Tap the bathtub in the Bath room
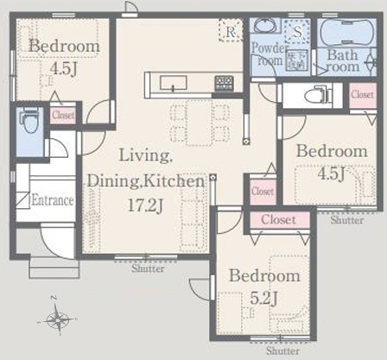click(347, 33)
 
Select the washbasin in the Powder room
click(265, 25)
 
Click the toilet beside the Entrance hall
click(29, 120)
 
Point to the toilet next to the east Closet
click(318, 94)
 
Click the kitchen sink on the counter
click(174, 83)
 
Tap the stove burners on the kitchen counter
click(224, 83)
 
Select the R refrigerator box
click(231, 30)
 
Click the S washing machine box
click(297, 31)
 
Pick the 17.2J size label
click(145, 205)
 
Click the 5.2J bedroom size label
click(263, 298)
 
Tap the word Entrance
click(52, 200)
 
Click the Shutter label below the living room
click(148, 268)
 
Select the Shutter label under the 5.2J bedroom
click(282, 351)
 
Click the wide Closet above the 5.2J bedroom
click(279, 220)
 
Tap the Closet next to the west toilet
click(63, 115)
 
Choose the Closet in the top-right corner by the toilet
click(363, 95)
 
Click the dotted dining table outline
click(200, 123)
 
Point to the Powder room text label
click(268, 54)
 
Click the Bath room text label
click(342, 60)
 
